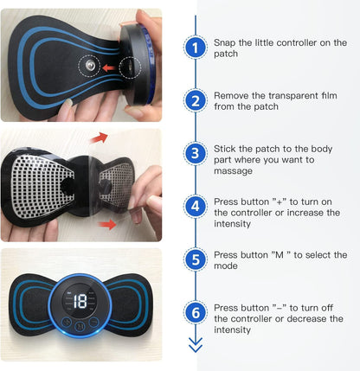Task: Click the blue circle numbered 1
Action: [x=196, y=48]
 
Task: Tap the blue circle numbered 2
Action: [x=196, y=101]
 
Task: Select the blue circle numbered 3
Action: [x=196, y=154]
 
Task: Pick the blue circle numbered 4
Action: [x=196, y=207]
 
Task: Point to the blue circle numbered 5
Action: [x=196, y=259]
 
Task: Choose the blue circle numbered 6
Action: [x=196, y=313]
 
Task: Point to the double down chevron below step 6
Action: [x=196, y=344]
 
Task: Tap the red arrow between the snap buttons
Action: [x=110, y=66]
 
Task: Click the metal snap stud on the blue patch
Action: [x=87, y=66]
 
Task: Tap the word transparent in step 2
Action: [x=289, y=95]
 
